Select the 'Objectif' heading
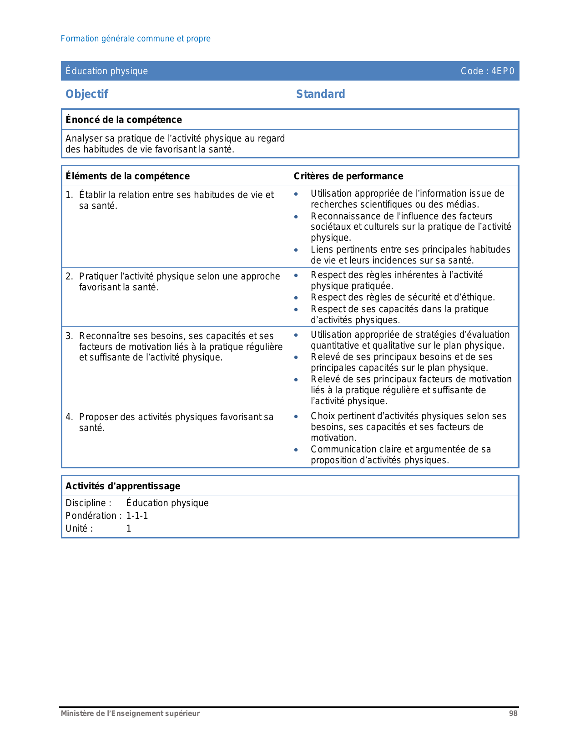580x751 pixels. click(x=87, y=94)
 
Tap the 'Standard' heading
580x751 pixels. click(x=320, y=94)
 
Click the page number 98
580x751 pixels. click(x=513, y=714)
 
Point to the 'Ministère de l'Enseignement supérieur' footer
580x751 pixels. click(x=130, y=714)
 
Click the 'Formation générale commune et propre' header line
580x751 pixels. click(x=136, y=39)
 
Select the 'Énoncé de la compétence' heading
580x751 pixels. click(x=123, y=120)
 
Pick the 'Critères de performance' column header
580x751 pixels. click(x=348, y=176)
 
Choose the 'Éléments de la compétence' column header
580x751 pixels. click(x=127, y=176)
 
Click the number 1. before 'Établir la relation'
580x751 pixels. click(x=69, y=195)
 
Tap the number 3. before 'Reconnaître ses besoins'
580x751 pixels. click(x=69, y=336)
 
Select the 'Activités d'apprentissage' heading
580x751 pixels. click(x=123, y=486)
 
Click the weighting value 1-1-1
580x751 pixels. click(x=137, y=516)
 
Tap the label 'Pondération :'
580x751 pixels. click(x=93, y=516)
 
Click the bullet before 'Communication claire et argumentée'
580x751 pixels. click(x=296, y=450)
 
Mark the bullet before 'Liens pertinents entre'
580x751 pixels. click(x=296, y=250)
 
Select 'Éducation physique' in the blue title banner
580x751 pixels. click(x=106, y=71)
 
